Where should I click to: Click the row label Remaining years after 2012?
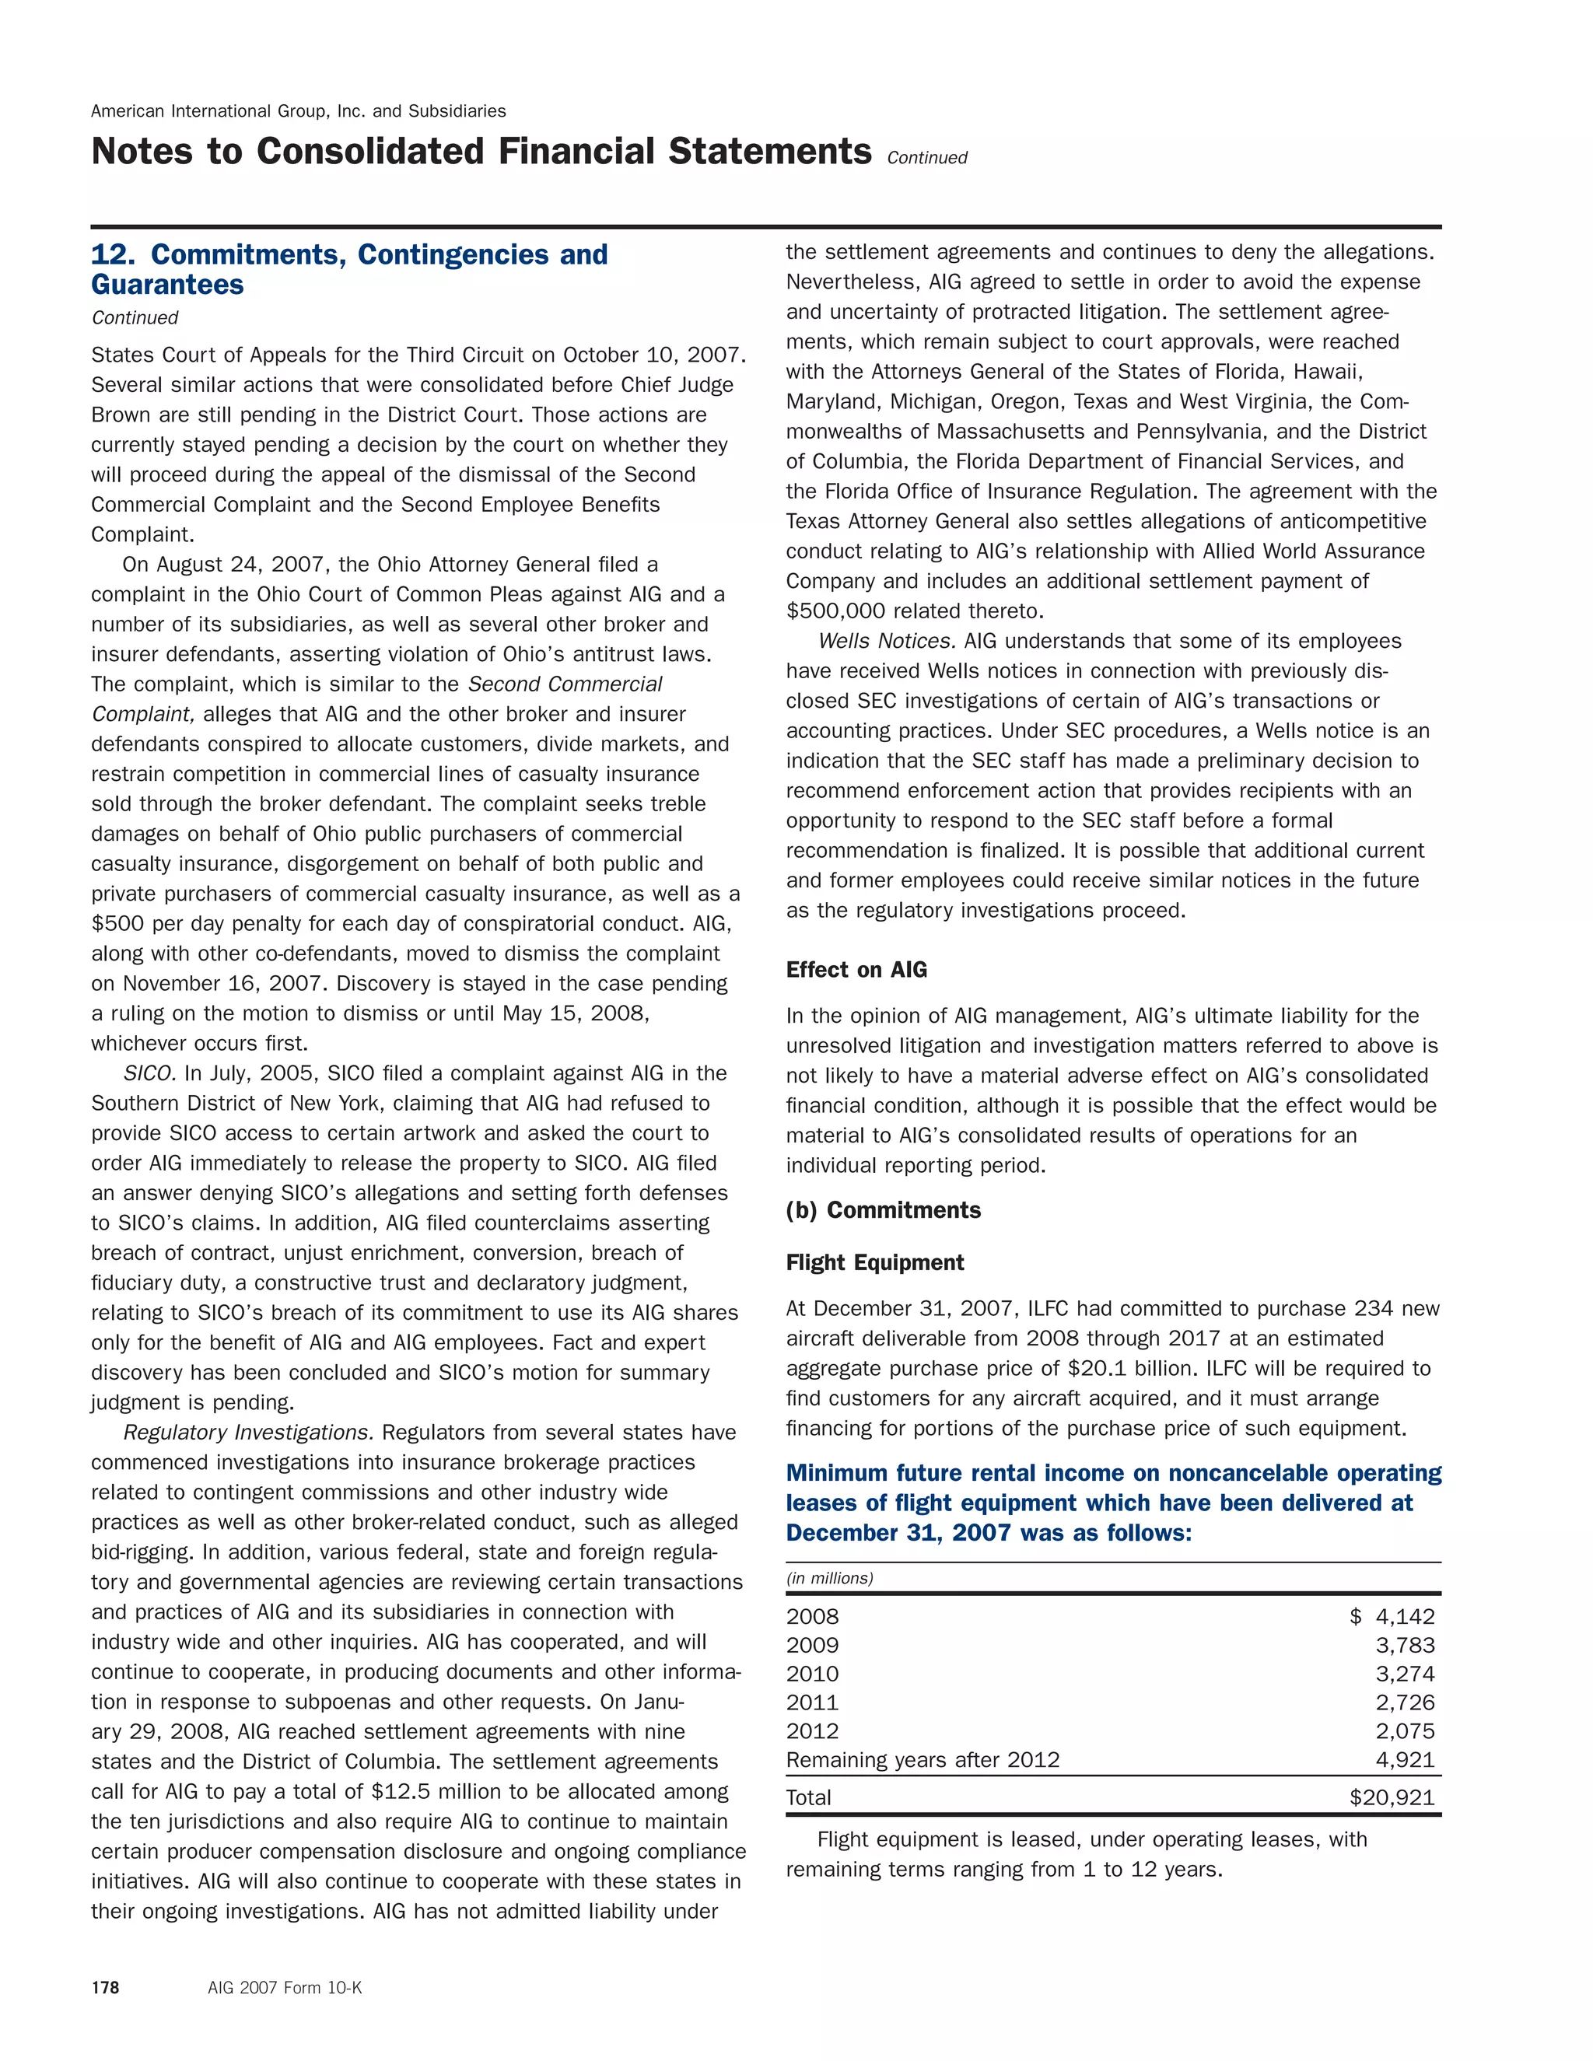[x=922, y=1759]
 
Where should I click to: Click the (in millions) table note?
[x=828, y=1578]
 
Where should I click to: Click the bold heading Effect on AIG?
[x=856, y=969]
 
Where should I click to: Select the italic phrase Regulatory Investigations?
[x=248, y=1433]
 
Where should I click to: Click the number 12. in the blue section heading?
[x=114, y=255]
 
